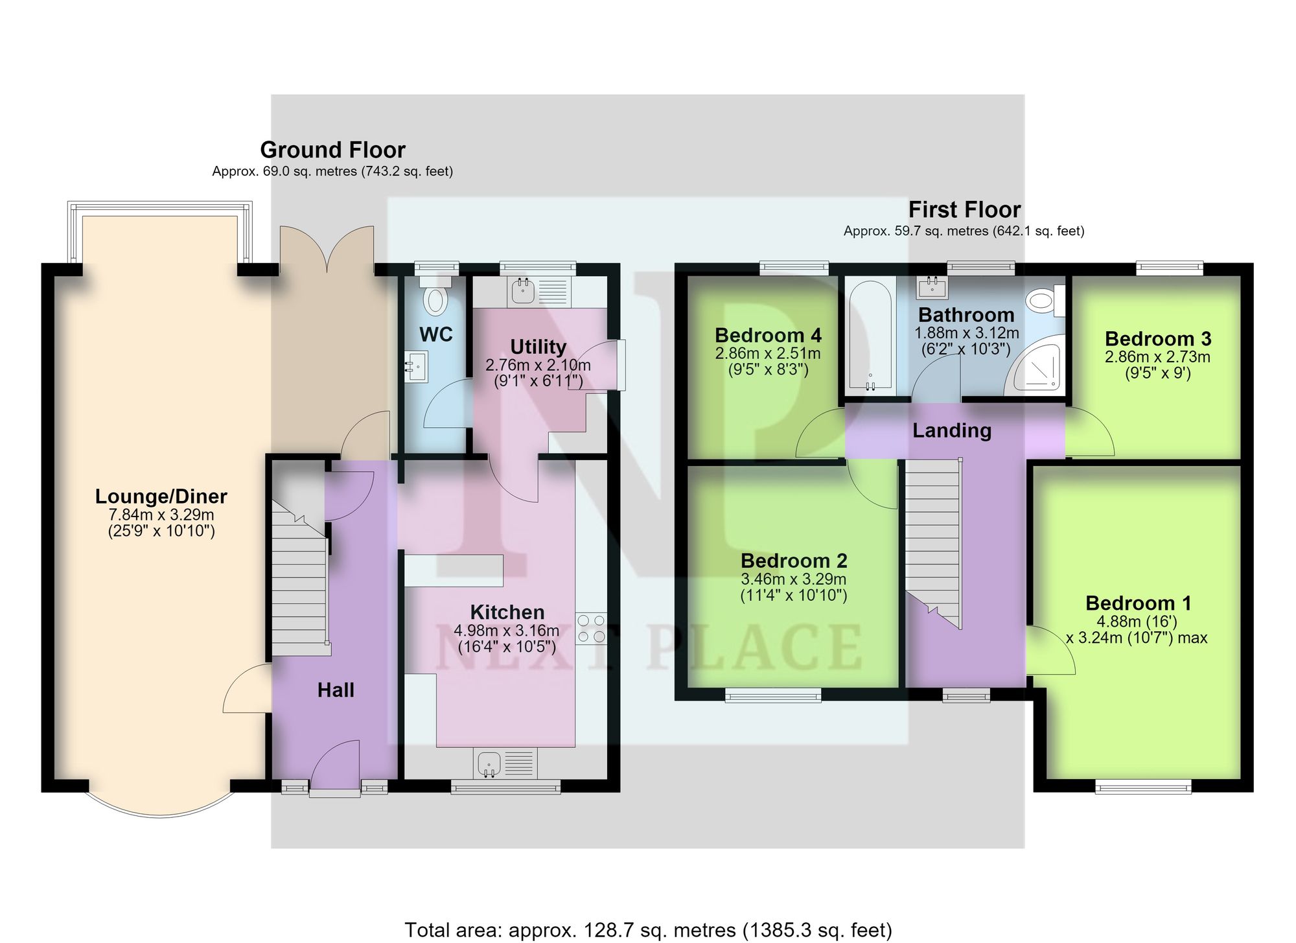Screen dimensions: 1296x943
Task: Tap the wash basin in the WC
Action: (416, 367)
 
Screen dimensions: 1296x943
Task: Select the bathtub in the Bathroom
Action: (870, 335)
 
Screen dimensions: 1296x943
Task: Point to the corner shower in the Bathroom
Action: (1034, 369)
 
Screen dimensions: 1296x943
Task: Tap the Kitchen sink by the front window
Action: (506, 763)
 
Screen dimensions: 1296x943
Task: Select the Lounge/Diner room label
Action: (161, 496)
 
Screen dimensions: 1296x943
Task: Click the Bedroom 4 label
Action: (768, 335)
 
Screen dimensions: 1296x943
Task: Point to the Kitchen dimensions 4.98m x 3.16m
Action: (506, 631)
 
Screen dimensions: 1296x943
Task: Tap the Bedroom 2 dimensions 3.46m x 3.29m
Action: (793, 579)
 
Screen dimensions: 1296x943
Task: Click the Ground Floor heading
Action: (332, 150)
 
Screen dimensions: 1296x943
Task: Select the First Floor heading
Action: (964, 209)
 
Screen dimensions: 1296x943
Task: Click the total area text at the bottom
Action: (648, 930)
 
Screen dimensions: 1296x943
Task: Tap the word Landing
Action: (952, 431)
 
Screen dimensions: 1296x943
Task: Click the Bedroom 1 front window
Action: (1143, 787)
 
